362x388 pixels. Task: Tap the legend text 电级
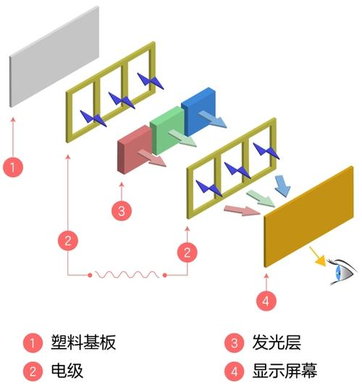point(67,371)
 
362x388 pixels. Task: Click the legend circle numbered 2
point(32,371)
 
